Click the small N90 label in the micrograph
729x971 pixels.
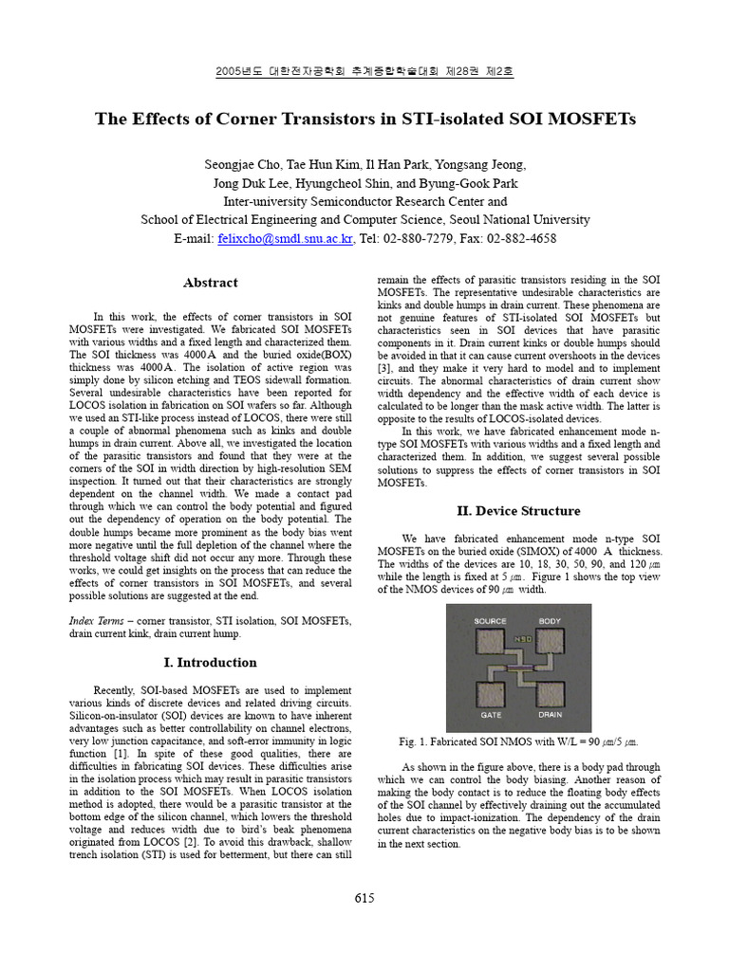(x=523, y=638)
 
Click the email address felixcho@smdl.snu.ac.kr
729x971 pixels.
(x=285, y=239)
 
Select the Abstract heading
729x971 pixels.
(x=210, y=283)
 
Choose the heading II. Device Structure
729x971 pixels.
(x=518, y=511)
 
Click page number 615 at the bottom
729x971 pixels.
(x=365, y=898)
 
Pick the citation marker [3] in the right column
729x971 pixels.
(x=384, y=368)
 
